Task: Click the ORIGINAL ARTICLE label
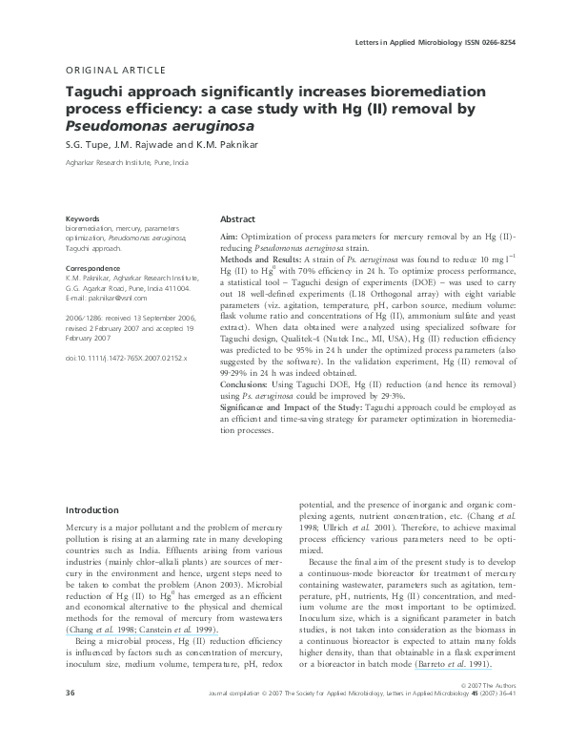115,70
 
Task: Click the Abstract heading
237,218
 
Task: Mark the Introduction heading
91,510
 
